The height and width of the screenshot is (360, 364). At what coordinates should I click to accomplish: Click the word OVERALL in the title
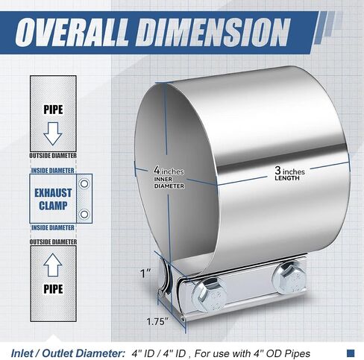(72, 33)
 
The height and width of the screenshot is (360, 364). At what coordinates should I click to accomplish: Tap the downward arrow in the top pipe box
(53, 133)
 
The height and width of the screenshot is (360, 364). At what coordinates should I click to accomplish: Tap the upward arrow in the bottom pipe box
(53, 265)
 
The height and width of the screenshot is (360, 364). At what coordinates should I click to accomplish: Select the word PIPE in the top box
(53, 110)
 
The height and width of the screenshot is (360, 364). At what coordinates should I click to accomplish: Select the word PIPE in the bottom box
(53, 289)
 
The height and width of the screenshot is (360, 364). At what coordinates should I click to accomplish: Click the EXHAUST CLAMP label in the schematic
(53, 199)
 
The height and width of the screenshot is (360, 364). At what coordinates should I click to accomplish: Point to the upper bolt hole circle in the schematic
(84, 184)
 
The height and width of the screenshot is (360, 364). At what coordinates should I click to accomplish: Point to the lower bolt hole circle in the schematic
(84, 214)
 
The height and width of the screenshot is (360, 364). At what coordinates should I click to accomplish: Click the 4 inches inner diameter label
(169, 177)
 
